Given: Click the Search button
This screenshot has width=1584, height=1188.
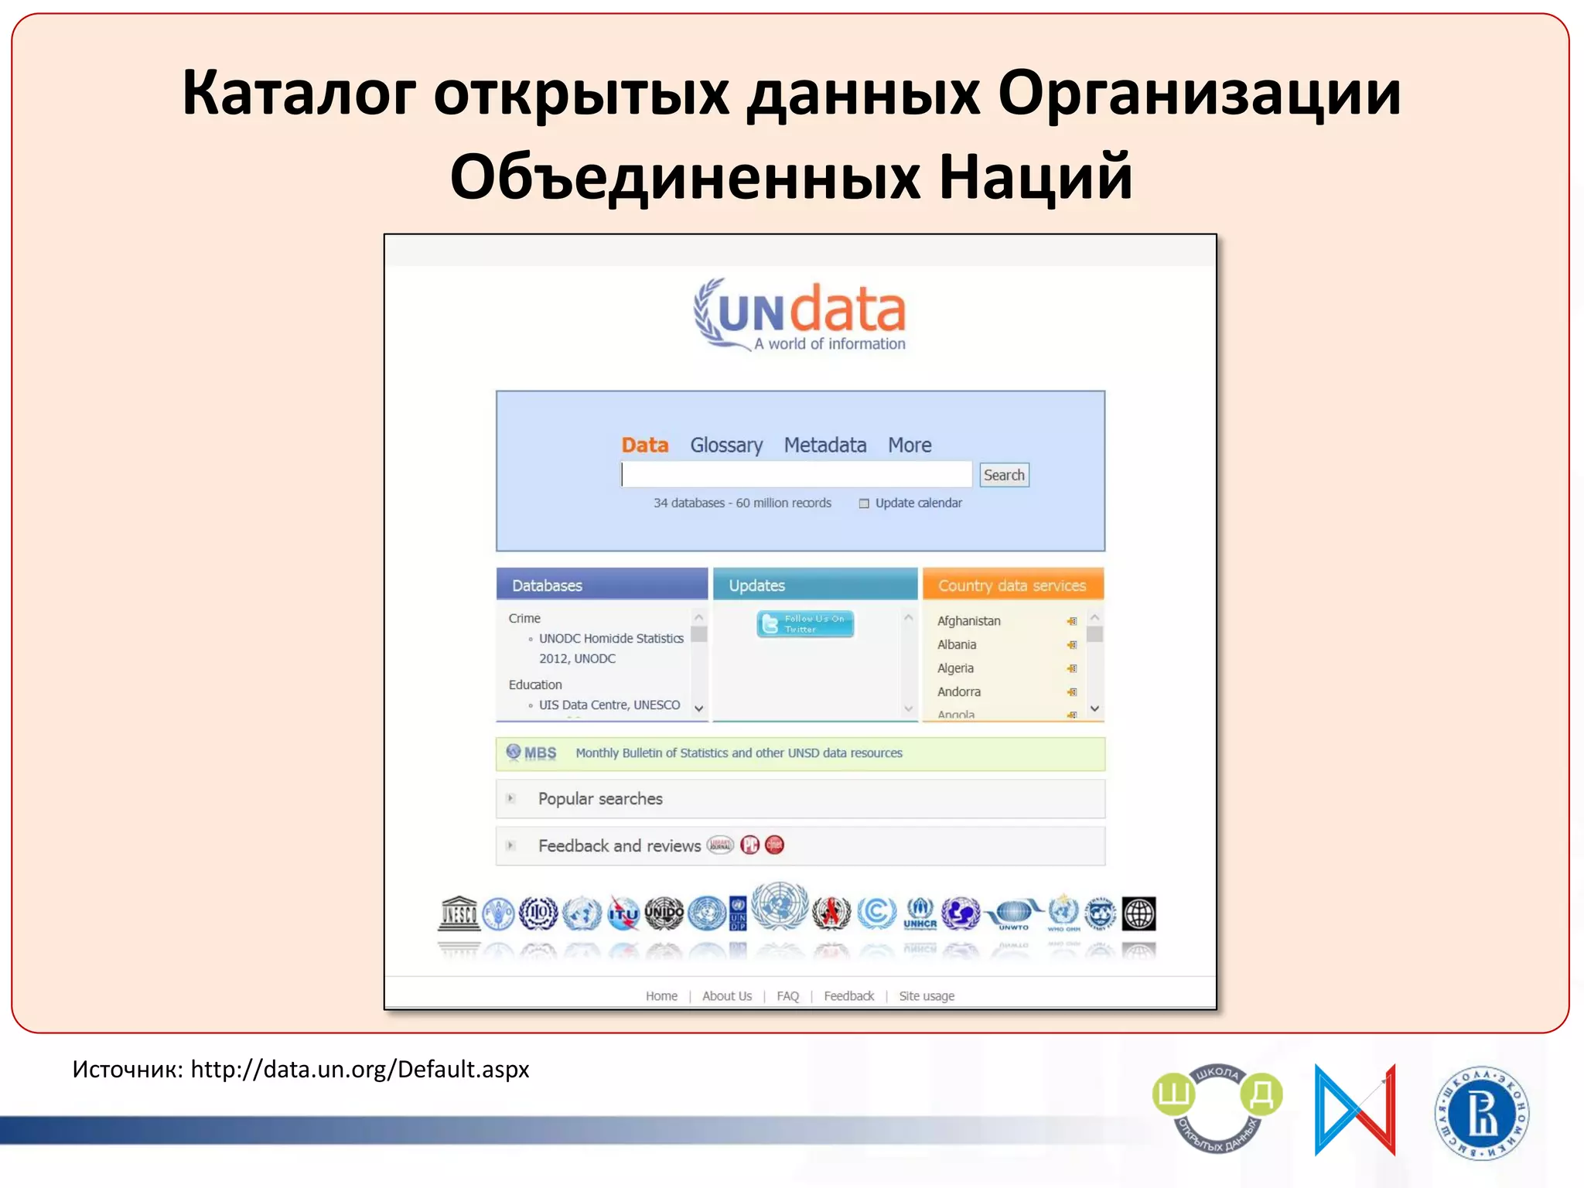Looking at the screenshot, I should [x=1004, y=475].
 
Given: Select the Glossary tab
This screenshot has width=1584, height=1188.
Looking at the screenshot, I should [x=725, y=445].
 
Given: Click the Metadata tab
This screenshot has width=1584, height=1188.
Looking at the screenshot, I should [x=824, y=445].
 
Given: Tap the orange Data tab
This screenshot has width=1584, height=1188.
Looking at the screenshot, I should [x=644, y=445].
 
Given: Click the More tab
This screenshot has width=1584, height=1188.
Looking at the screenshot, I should [x=909, y=445].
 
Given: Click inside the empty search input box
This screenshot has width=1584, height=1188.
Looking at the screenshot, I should [x=797, y=474].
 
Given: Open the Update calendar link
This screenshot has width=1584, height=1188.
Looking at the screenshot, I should [x=917, y=503].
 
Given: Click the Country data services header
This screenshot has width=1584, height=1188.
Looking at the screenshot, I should [x=1012, y=585].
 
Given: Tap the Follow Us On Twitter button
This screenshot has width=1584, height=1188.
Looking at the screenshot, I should [x=805, y=623].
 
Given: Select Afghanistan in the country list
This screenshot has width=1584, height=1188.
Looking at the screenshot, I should [x=968, y=621].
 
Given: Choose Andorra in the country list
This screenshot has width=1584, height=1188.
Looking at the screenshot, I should [x=958, y=691].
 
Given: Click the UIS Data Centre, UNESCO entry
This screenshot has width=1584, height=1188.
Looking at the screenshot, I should [x=609, y=705].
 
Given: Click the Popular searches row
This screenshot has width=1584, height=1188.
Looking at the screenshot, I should [x=600, y=799].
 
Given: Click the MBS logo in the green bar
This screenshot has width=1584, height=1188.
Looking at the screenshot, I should [x=531, y=753].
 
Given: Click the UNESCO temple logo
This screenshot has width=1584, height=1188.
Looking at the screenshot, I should [x=459, y=913].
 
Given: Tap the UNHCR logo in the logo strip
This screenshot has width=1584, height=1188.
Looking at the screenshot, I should [x=920, y=913].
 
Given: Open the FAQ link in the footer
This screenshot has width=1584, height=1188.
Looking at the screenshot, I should [x=787, y=996].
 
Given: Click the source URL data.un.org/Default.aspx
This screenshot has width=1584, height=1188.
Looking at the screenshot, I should [x=360, y=1069].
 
